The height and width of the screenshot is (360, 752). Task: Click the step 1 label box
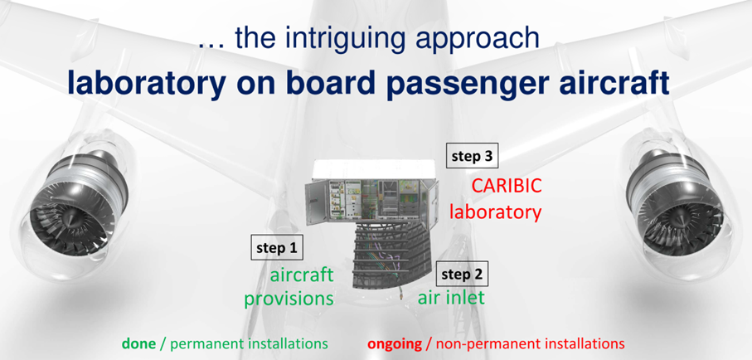(277, 248)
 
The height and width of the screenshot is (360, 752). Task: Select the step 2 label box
(462, 274)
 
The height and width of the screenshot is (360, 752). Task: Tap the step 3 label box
(472, 156)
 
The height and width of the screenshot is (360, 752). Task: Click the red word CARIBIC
(507, 186)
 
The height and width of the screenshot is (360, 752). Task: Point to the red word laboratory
(496, 212)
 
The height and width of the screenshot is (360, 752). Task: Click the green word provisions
(289, 299)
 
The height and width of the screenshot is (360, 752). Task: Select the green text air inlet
(451, 298)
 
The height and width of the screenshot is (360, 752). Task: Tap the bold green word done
(138, 343)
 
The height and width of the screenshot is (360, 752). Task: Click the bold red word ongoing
(395, 344)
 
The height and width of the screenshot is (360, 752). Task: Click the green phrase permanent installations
(250, 344)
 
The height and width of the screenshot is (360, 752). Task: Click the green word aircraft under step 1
(302, 275)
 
